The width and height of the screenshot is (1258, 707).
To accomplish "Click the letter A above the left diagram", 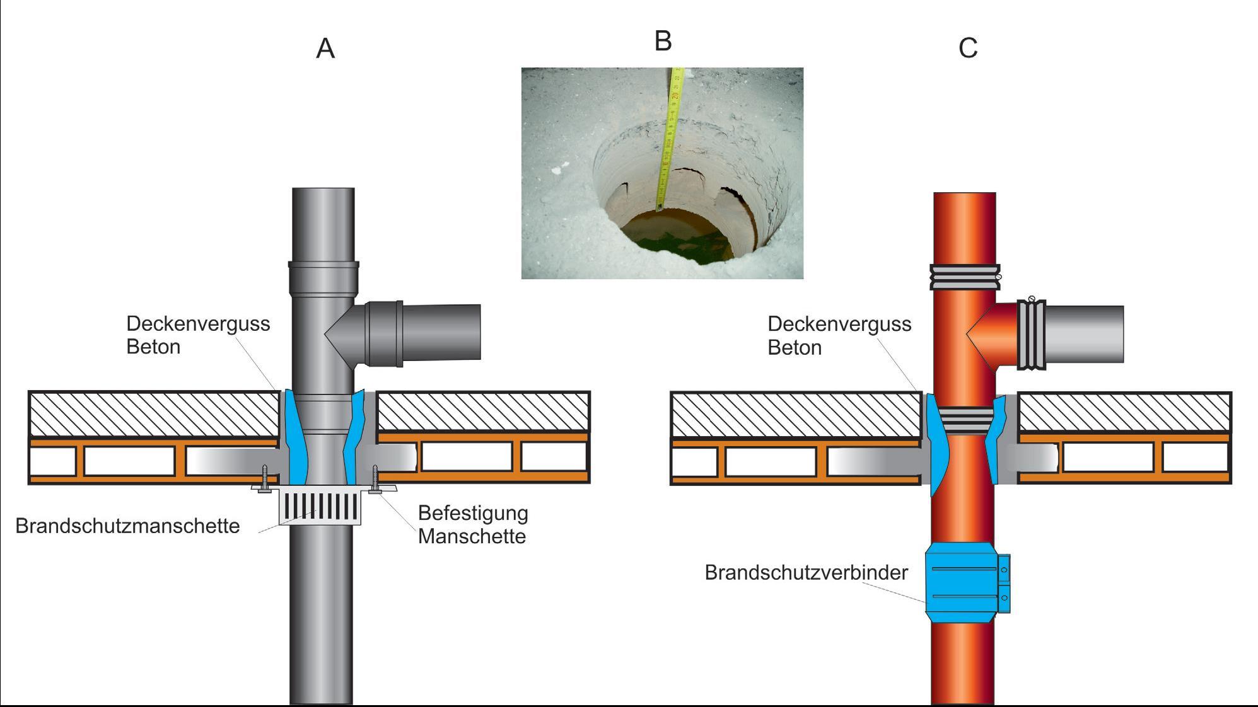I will click(325, 49).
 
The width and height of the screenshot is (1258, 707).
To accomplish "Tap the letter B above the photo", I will click(663, 41).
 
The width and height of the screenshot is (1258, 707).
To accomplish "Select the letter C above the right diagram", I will click(968, 49).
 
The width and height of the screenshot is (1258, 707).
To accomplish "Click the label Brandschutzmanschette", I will click(127, 526).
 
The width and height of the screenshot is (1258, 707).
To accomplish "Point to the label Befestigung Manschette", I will click(472, 524).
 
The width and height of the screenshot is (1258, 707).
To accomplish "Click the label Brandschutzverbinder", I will click(806, 572).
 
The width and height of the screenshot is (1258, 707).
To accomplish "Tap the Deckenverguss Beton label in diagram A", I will click(197, 335).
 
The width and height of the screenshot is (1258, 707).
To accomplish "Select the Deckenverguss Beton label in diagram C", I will click(839, 335).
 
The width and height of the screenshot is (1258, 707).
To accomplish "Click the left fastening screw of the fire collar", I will click(265, 478).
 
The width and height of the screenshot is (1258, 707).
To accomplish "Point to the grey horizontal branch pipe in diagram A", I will click(441, 332).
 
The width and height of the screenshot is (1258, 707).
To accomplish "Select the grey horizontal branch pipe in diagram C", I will click(1085, 334).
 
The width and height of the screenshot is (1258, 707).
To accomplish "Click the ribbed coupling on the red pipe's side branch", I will click(1031, 335).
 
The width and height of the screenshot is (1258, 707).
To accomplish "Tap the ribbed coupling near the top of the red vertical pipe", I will click(964, 277).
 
